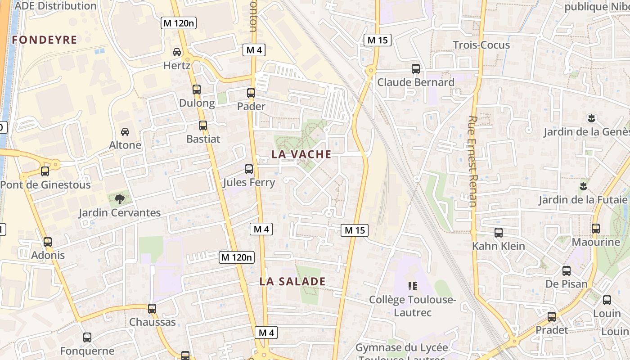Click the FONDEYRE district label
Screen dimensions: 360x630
tap(45, 40)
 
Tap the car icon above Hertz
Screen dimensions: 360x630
tap(177, 52)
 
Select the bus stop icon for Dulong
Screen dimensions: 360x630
tap(197, 90)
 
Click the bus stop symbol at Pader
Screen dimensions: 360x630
tap(251, 93)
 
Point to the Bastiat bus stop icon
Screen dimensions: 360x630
tap(203, 126)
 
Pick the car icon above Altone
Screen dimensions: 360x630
tap(125, 132)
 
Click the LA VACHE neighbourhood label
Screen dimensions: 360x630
tap(301, 154)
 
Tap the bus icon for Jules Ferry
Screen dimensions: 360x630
tap(249, 169)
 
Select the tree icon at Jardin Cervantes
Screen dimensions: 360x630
tap(119, 199)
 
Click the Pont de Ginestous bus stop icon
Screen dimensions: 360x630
tap(45, 171)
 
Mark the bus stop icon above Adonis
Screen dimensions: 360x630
tap(48, 242)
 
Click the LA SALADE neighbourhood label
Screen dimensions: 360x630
tap(292, 282)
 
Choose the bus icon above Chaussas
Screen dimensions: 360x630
tap(152, 309)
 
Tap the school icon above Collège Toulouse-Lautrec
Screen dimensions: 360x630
tap(412, 286)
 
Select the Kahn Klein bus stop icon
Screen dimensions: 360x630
tap(499, 233)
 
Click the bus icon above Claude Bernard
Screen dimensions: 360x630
tap(416, 69)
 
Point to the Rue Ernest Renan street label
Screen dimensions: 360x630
tap(472, 161)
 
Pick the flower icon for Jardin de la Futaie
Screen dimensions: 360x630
tap(584, 185)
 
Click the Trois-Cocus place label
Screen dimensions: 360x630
tap(481, 45)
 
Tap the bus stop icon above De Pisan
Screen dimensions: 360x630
tap(567, 271)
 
